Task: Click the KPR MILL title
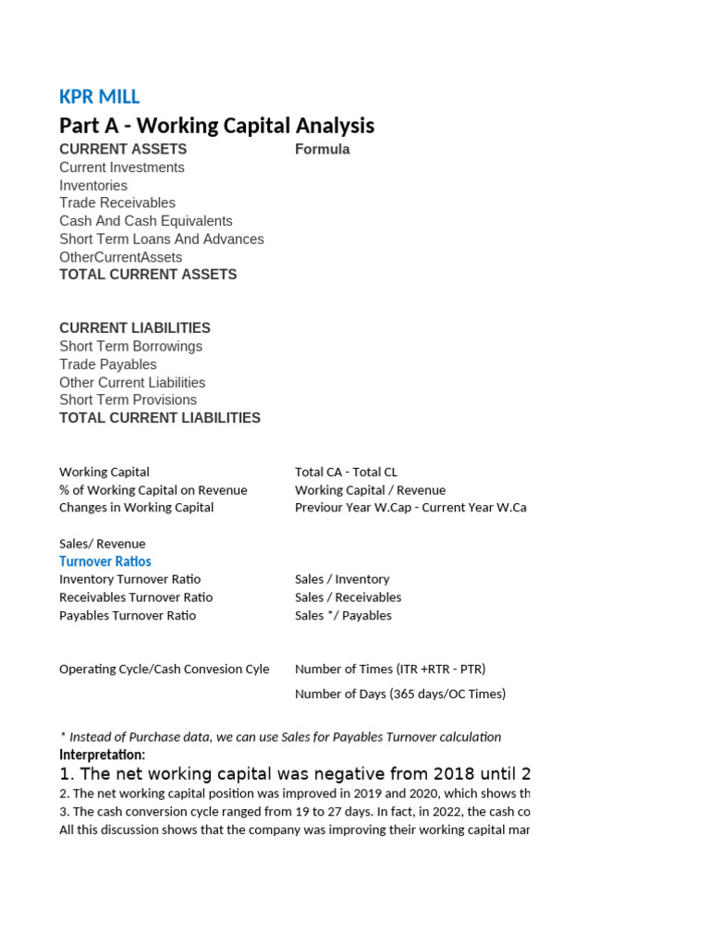[x=100, y=97]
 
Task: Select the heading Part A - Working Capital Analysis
[x=216, y=125]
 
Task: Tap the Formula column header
[x=322, y=149]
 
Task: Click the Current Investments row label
[x=122, y=167]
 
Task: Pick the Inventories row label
[x=93, y=185]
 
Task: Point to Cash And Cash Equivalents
[x=146, y=221]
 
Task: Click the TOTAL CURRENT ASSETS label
[x=148, y=275]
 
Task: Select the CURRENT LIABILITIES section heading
[x=135, y=328]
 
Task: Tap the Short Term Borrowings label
[x=130, y=346]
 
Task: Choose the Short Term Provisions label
[x=128, y=400]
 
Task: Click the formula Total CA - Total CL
[x=346, y=472]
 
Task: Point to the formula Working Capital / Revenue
[x=370, y=490]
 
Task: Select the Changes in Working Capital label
[x=136, y=508]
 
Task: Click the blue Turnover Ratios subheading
[x=105, y=561]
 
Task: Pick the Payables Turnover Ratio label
[x=128, y=615]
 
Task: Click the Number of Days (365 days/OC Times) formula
[x=400, y=694]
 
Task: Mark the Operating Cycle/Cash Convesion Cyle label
[x=165, y=669]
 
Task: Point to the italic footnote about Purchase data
[x=280, y=737]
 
